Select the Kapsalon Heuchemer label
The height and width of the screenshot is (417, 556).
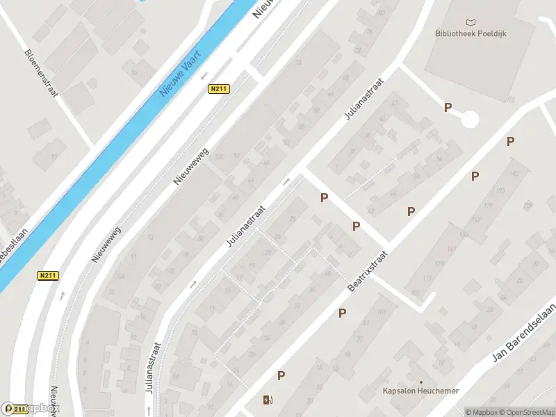pos(421,391)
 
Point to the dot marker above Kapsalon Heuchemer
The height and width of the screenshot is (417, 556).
pos(420,382)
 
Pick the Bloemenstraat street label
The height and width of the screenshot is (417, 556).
pos(40,72)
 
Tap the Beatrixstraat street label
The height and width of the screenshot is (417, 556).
pos(366,271)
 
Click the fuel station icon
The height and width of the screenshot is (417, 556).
pos(268,400)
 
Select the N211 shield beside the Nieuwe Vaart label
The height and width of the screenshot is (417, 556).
pos(219,89)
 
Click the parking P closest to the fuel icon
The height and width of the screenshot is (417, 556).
pos(281,375)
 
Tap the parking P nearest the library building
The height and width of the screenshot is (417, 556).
pos(448,107)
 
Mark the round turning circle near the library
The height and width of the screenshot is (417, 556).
pos(470,120)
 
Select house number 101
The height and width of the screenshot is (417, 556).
pos(381,312)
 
